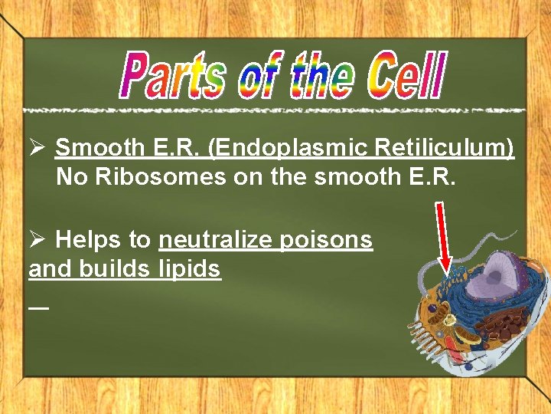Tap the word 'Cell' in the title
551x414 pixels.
tap(405, 75)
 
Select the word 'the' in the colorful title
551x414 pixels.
tap(321, 75)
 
